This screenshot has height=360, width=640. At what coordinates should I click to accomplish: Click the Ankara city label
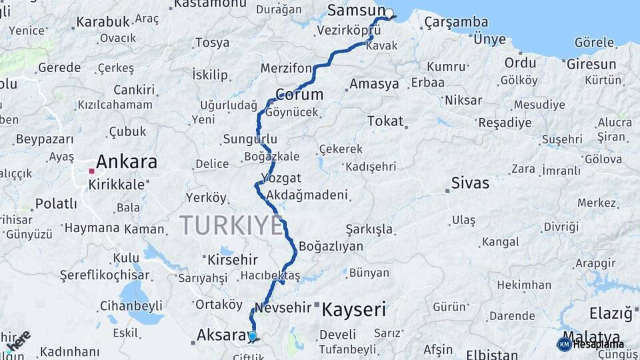coord(127,162)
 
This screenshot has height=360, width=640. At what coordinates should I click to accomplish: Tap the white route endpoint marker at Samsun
coord(389,13)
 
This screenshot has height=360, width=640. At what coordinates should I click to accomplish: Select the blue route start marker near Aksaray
coord(253,336)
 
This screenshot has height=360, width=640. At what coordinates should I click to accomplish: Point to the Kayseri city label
coord(354,309)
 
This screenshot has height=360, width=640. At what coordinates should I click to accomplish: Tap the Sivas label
coord(470,183)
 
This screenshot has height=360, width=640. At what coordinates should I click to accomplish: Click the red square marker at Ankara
coord(91,171)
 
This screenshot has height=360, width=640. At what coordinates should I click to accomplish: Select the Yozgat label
coord(281,179)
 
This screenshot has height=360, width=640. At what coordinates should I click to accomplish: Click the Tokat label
coord(385,121)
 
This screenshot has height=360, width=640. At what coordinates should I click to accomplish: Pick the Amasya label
coord(374,85)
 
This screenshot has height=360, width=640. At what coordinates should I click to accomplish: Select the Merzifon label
coord(286,69)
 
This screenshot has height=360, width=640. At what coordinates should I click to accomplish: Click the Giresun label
coord(591,65)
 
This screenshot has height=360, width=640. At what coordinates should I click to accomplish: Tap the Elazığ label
coord(610,313)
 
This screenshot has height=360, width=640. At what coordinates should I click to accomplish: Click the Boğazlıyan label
coord(331,246)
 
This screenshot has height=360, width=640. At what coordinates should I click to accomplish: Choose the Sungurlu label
coord(249,139)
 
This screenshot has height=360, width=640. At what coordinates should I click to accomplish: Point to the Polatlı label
coord(56,203)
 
